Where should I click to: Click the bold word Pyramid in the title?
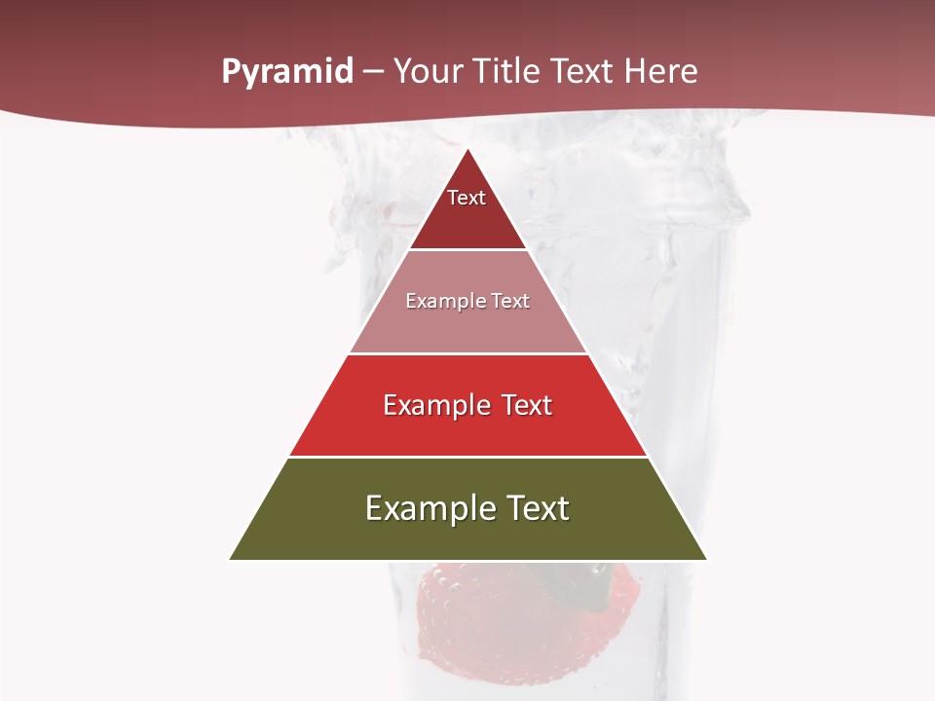click(x=287, y=72)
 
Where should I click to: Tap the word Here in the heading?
click(x=661, y=72)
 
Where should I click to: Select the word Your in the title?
click(x=429, y=72)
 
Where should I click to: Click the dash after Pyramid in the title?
click(x=373, y=72)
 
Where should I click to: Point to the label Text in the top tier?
click(x=467, y=198)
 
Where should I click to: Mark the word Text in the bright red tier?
click(x=528, y=405)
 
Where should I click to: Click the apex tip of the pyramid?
click(x=467, y=152)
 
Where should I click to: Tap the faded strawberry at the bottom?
click(x=458, y=623)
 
